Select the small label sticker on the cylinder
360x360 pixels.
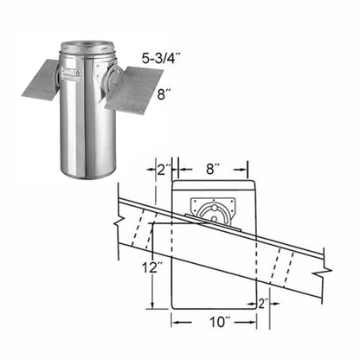(69, 74)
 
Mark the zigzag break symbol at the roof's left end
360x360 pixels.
(118, 216)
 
